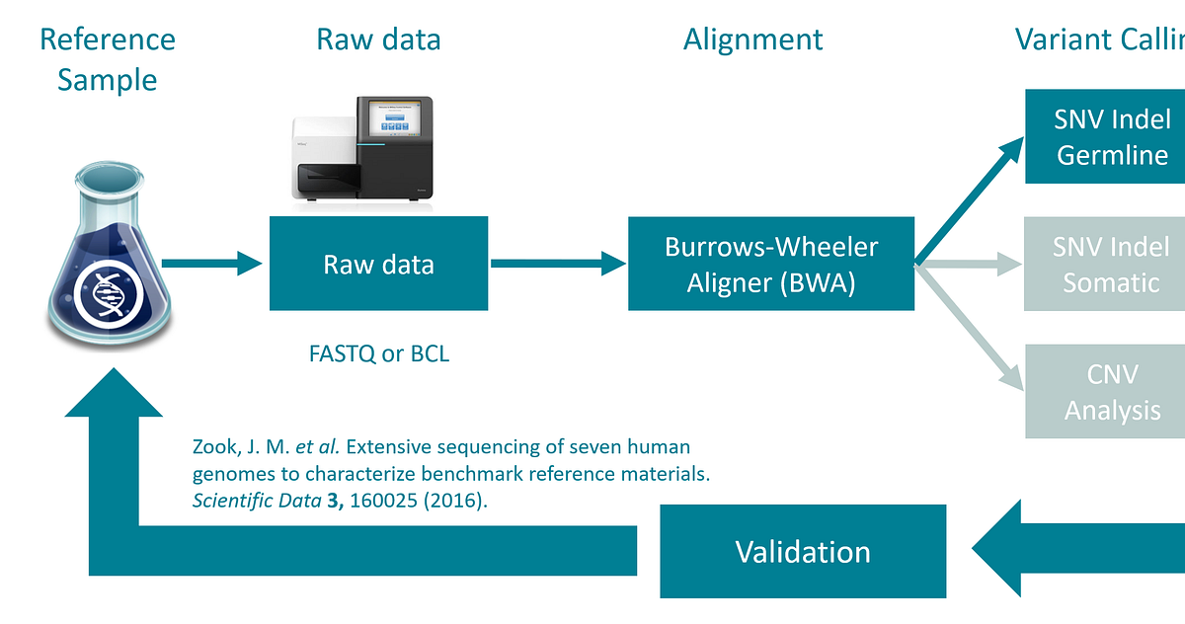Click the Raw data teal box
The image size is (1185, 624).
click(x=378, y=264)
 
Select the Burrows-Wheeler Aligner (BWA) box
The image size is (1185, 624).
click(x=771, y=264)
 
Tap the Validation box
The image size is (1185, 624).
click(x=802, y=551)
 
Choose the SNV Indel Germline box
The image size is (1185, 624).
click(x=1111, y=137)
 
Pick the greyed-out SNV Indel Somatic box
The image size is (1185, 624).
click(x=1111, y=264)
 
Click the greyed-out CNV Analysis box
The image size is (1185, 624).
click(x=1111, y=391)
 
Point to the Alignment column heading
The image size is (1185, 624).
click(x=752, y=39)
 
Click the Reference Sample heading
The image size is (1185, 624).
click(x=107, y=58)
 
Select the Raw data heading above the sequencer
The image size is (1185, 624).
click(x=378, y=39)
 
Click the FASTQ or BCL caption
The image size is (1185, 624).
click(x=378, y=353)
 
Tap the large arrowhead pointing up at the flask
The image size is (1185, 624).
click(x=114, y=405)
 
